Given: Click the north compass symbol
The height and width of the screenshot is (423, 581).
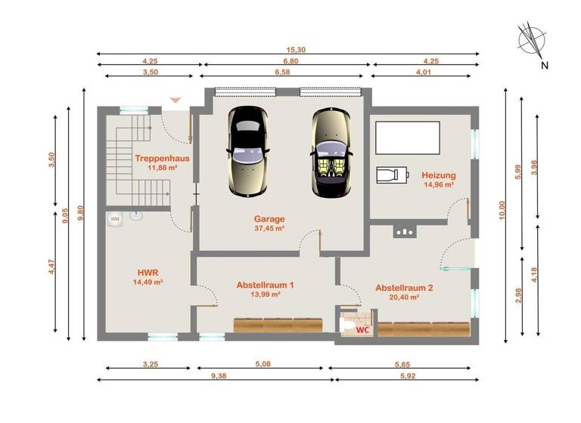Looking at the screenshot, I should (533, 42).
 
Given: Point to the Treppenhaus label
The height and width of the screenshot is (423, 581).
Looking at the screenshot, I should (162, 159).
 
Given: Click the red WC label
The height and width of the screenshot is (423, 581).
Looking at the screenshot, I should (363, 329).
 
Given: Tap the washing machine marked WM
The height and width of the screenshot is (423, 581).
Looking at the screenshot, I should (115, 218).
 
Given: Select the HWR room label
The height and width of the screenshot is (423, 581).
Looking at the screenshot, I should (148, 272).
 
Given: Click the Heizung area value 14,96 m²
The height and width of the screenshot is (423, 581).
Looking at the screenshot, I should (438, 184).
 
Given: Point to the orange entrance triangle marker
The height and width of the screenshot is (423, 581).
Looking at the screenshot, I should (176, 99).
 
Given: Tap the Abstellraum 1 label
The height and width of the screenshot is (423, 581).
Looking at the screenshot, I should (265, 285).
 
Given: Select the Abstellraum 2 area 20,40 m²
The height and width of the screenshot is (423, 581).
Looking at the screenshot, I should (403, 298).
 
